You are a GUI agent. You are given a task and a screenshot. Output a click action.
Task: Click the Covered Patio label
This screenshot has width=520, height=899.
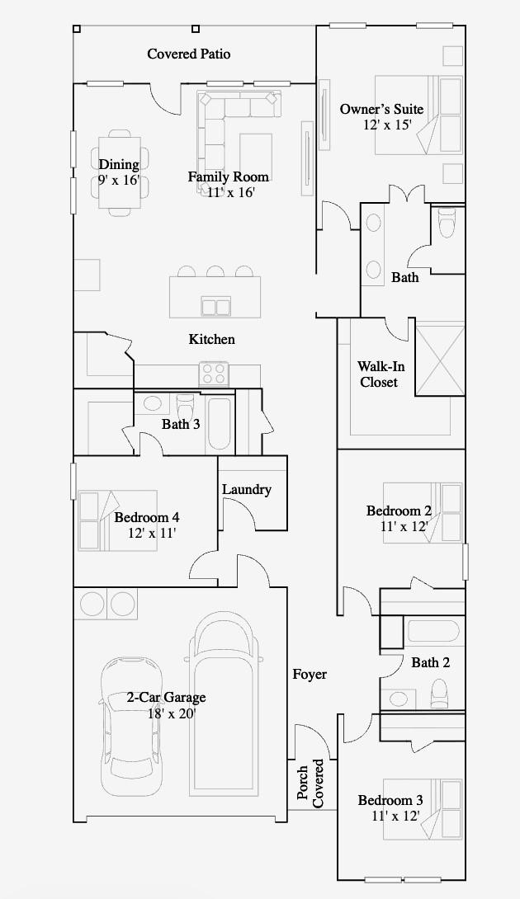(189, 54)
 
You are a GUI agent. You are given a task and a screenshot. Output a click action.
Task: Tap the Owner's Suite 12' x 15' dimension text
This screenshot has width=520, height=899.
(387, 125)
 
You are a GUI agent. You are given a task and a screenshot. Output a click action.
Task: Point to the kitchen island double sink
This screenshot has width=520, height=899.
(215, 306)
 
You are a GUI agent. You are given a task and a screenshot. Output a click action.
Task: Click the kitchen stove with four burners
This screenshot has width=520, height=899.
(214, 374)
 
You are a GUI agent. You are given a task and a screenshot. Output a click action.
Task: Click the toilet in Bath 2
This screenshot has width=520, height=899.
(440, 694)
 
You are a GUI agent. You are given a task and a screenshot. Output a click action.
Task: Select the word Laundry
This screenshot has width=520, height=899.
(247, 490)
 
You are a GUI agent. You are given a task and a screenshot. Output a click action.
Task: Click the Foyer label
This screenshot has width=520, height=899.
(310, 675)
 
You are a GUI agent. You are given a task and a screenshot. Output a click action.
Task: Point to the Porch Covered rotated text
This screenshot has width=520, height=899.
(310, 784)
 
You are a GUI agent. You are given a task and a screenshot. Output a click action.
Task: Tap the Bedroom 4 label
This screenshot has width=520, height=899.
(147, 517)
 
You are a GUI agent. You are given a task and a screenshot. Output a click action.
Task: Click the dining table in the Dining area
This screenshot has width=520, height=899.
(120, 172)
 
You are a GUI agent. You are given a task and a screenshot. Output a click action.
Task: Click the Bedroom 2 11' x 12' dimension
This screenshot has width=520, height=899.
(404, 525)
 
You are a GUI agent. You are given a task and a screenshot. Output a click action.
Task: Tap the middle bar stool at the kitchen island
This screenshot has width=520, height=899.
(215, 271)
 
